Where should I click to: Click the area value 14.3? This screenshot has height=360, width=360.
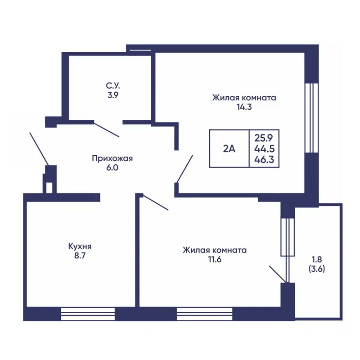[x=244, y=107]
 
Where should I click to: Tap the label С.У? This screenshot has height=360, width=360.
[x=113, y=85]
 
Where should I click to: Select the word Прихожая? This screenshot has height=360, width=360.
[x=112, y=158]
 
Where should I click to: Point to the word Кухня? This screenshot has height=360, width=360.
[x=80, y=246]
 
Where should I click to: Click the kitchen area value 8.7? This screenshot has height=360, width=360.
[x=80, y=256]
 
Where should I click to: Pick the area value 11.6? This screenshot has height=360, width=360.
[x=215, y=260]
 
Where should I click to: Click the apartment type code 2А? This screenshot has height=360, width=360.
[x=229, y=149]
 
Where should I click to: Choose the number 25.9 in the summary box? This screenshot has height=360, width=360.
[x=264, y=138]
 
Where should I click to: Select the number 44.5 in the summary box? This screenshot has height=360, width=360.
[x=264, y=149]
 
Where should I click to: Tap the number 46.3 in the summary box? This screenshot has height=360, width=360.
[x=264, y=159]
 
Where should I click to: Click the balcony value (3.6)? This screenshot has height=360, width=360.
[x=317, y=269]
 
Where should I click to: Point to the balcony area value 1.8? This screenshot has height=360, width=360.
[x=317, y=260]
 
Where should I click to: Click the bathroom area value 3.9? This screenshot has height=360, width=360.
[x=113, y=95]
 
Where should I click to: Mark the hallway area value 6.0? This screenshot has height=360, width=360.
[x=112, y=167]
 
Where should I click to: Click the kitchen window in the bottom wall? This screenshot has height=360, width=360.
[x=88, y=314]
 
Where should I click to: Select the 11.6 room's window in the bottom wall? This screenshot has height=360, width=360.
[x=205, y=314]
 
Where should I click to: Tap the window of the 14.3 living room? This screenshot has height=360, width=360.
[x=311, y=118]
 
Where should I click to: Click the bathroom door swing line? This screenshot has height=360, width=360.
[x=107, y=130]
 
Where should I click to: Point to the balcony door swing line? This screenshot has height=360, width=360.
[x=278, y=274]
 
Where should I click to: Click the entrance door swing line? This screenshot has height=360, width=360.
[x=39, y=149]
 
